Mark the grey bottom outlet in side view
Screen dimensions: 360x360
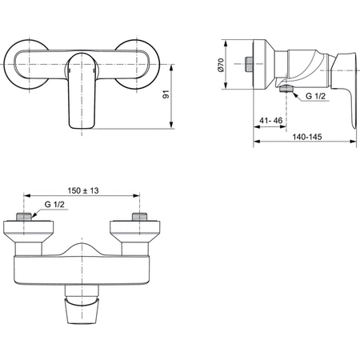click(286, 90)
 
